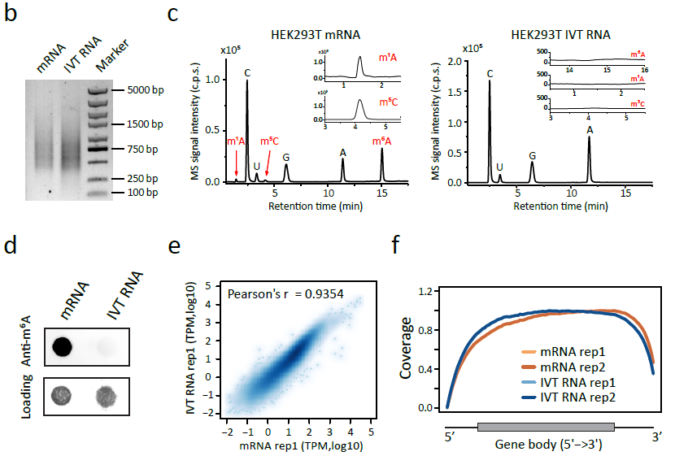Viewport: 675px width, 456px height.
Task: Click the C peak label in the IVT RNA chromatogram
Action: tap(490, 73)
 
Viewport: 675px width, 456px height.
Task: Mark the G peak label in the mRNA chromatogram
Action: tap(286, 157)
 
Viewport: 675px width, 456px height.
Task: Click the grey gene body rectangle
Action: tap(545, 427)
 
